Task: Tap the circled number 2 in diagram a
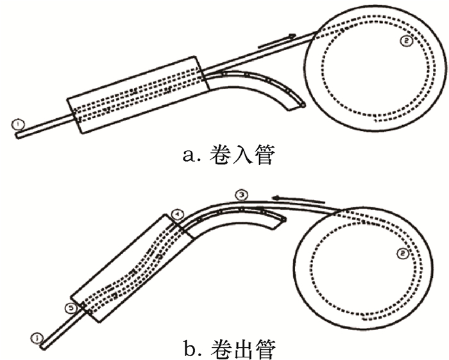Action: (x=405, y=42)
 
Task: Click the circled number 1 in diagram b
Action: (x=38, y=336)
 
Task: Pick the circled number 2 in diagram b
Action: (x=402, y=254)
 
